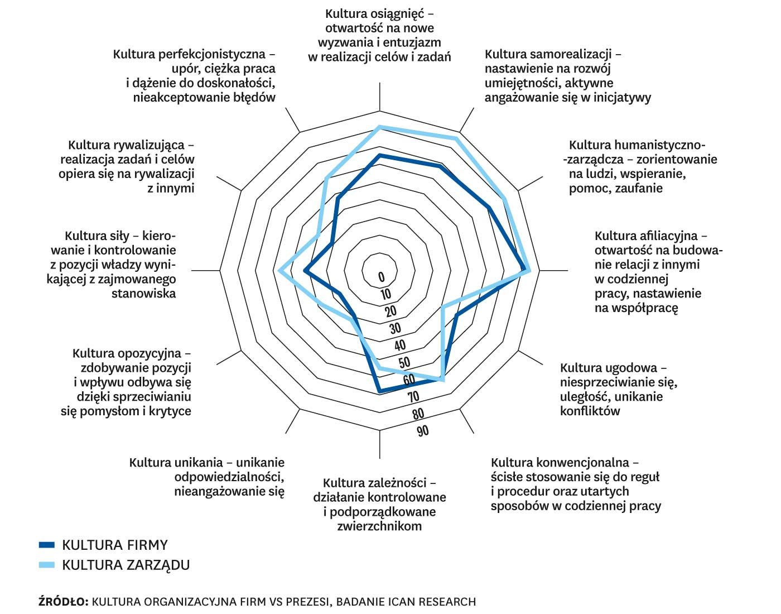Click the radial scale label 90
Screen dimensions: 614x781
(422, 431)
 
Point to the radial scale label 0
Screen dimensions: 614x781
(382, 277)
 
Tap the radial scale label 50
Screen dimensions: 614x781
(404, 362)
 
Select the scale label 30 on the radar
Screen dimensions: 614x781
(395, 328)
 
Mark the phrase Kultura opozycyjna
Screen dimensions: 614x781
(127, 353)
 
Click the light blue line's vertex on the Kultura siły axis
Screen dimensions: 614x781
(280, 271)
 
